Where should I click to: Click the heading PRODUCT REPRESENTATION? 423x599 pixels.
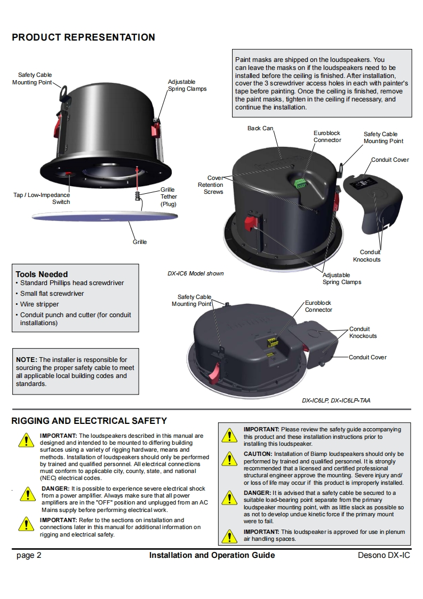[x=83, y=37]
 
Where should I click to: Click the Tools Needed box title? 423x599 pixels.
[x=42, y=274]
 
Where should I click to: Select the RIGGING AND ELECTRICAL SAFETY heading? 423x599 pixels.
[x=89, y=421]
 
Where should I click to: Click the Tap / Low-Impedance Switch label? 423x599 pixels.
[x=42, y=198]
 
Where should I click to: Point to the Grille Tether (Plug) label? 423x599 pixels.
[x=168, y=196]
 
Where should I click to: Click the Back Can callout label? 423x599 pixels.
[x=260, y=129]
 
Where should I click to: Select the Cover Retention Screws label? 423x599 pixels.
[x=211, y=185]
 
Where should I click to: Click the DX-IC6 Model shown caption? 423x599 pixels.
[x=196, y=273]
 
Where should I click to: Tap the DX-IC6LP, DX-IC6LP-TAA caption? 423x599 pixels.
[x=336, y=400]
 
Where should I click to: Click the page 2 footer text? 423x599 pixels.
[x=29, y=555]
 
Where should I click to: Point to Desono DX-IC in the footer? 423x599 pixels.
[x=384, y=555]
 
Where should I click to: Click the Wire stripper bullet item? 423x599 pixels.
[x=39, y=304]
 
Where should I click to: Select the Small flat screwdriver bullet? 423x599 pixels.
[x=52, y=294]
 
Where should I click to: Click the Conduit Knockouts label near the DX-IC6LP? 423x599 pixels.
[x=363, y=332]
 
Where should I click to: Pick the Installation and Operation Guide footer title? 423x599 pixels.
[x=212, y=555]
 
